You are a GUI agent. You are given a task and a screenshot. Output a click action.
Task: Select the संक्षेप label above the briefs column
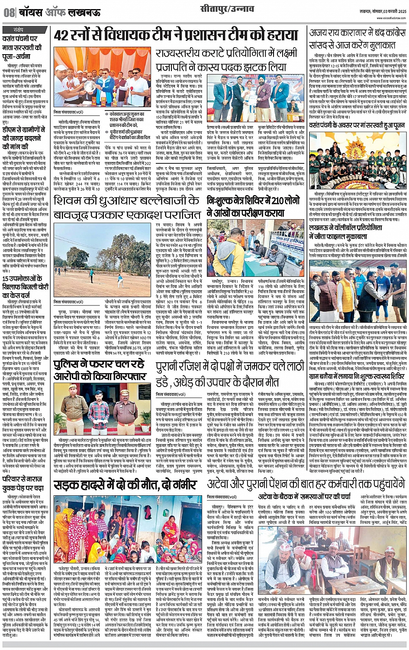(x=18, y=29)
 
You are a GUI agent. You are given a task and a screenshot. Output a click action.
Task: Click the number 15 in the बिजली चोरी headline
(x=7, y=279)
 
